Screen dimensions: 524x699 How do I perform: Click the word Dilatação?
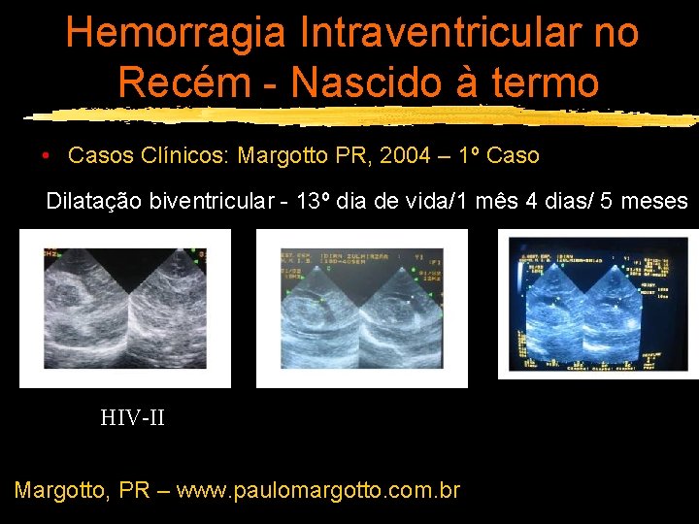93,202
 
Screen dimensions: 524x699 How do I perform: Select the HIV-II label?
132,418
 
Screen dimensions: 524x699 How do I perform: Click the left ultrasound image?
125,309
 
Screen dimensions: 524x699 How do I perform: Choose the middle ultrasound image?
362,309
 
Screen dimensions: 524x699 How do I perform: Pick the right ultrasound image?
598,304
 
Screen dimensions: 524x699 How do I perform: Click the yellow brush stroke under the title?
359,116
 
